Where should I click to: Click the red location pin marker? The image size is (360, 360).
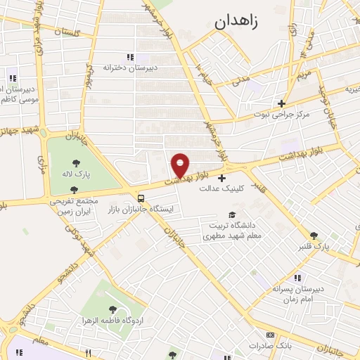(x=180, y=165)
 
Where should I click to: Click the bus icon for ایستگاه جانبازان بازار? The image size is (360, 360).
(x=141, y=198)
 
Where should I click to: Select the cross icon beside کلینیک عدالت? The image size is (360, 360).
(x=222, y=178)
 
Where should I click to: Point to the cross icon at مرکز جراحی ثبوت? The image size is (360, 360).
(x=281, y=103)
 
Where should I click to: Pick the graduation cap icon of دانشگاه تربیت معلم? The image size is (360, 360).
(x=231, y=214)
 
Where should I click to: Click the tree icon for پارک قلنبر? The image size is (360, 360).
(x=314, y=236)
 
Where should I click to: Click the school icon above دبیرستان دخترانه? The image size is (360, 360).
(x=129, y=57)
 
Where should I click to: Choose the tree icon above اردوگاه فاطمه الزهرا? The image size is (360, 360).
(x=111, y=308)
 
